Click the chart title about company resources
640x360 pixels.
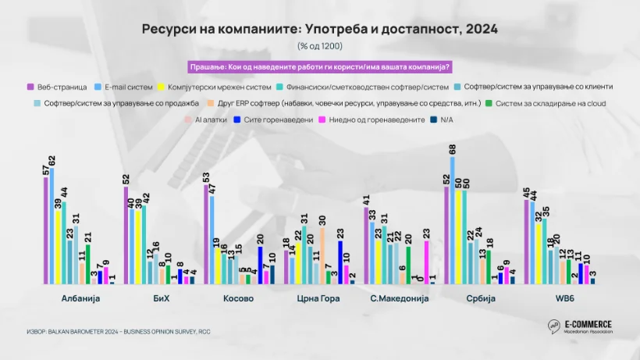tap(319, 29)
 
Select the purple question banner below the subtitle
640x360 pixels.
tap(319, 66)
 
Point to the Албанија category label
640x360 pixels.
tap(80, 298)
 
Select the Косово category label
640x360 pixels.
tap(239, 298)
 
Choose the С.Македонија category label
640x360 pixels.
tap(399, 298)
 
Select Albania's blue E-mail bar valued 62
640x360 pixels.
tap(52, 226)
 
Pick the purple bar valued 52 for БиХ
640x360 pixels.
tap(126, 235)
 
